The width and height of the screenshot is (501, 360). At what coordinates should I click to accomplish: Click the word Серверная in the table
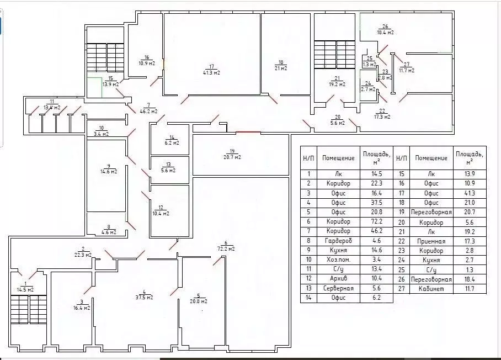point(338,288)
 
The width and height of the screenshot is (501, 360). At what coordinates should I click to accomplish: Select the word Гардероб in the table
point(338,241)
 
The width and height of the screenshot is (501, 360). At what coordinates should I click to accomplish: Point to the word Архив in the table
point(338,278)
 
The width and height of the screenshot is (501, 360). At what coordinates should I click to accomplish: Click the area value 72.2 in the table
point(376,221)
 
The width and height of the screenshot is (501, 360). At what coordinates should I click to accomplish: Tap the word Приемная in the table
point(431,241)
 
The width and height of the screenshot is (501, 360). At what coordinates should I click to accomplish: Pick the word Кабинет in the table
point(431,289)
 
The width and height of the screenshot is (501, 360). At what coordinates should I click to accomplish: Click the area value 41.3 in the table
point(470,193)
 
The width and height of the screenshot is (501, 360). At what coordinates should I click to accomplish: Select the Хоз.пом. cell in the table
point(338,260)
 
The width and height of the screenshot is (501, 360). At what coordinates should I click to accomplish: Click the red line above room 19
point(248,132)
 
